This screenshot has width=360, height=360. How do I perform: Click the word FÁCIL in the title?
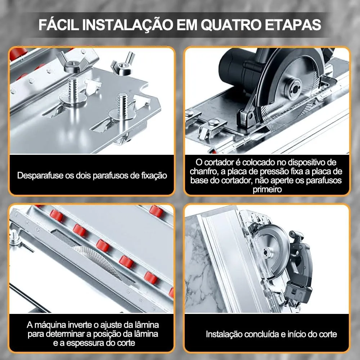(x=59, y=24)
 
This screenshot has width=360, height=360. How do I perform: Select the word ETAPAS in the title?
(x=293, y=24)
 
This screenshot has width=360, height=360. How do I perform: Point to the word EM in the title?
(x=187, y=24)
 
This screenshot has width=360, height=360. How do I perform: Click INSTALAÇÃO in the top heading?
(x=127, y=24)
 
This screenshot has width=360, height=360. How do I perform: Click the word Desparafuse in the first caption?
(x=40, y=176)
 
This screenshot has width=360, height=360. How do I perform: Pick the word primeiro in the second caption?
(x=267, y=190)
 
